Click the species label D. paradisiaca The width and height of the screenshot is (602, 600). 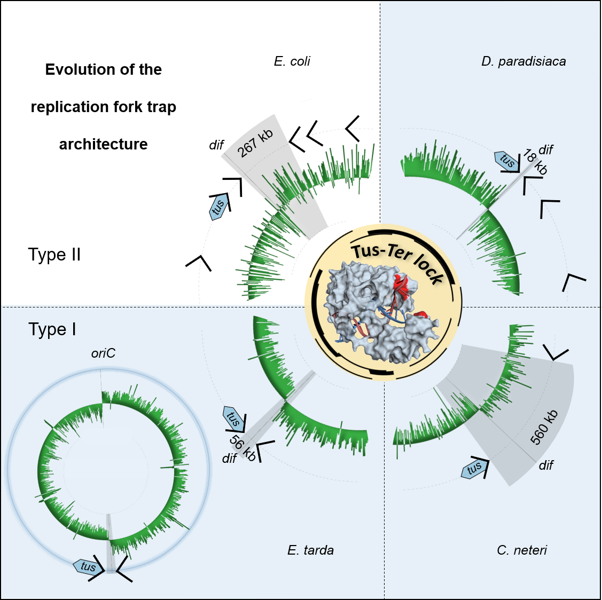coord(523,61)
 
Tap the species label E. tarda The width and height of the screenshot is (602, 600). coord(310,550)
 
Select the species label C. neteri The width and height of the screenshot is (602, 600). coord(521,550)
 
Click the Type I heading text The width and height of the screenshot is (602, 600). coord(52,329)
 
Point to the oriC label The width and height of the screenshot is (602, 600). coord(103,353)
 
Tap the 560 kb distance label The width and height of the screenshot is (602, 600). coord(544,427)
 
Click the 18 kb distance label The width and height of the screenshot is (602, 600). coord(535,162)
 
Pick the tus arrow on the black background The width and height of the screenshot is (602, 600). coord(218,207)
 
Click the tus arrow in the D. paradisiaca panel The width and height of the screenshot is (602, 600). coord(506,160)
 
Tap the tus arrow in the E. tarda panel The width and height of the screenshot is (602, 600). coord(232,417)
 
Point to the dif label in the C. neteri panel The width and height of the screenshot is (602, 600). coord(546,465)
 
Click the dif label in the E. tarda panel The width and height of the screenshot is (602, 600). coord(229,459)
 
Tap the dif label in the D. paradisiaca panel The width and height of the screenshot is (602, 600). coord(545,150)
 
